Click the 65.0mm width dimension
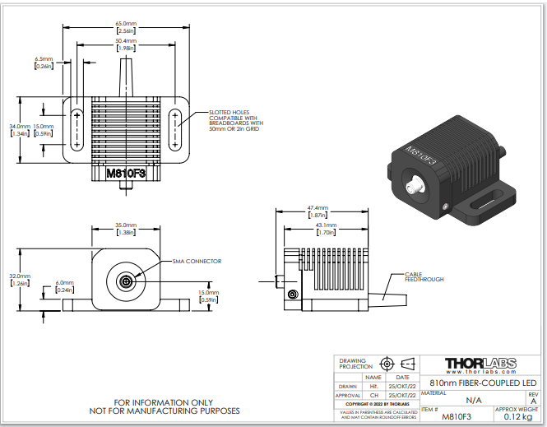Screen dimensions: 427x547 125,24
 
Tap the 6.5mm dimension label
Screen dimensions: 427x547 44,59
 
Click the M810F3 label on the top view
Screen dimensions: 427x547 125,174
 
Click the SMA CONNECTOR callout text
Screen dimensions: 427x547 197,261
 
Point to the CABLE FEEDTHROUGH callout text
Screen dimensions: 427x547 424,277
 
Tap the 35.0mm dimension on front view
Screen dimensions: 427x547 125,225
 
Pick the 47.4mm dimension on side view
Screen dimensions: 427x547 317,208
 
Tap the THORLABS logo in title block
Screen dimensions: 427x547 481,364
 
